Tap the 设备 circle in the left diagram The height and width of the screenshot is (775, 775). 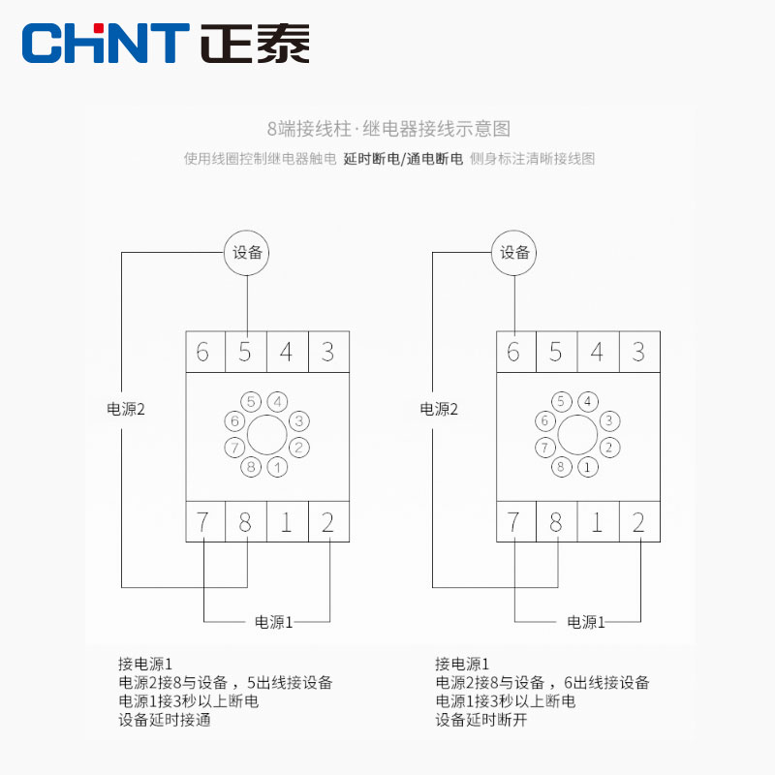pos(247,253)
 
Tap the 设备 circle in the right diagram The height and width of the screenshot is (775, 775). pos(515,253)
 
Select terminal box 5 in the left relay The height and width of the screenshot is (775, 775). pos(245,351)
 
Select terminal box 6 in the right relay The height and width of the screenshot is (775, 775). pos(513,351)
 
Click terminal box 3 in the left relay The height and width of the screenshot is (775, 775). pos(328,351)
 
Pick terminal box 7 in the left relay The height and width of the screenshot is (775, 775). pos(203,522)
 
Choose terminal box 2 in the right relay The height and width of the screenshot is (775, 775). pos(638,522)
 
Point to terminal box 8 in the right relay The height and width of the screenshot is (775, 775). pos(555,522)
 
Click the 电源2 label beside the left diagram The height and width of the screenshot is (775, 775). pos(125,409)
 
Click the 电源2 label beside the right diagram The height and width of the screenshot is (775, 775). pos(439,409)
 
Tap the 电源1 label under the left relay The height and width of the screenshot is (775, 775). pos(273,622)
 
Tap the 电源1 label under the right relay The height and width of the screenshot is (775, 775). pos(586,622)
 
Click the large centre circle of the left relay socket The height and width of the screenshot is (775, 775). pos(265,434)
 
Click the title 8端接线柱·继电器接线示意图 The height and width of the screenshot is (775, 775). pos(387,128)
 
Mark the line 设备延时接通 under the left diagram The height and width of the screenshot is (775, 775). pos(164,720)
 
